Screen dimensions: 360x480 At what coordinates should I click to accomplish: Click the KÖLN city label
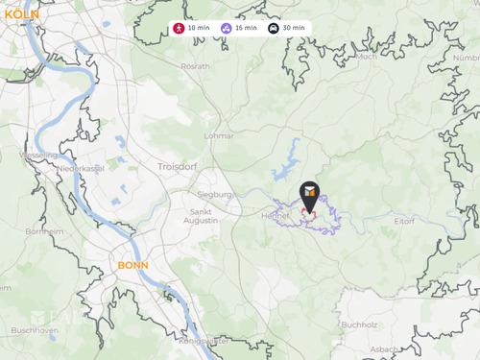(21, 14)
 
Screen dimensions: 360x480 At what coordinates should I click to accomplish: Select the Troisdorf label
(175, 166)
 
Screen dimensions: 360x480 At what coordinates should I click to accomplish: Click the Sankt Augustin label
(204, 216)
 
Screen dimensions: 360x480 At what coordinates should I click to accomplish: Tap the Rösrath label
(195, 66)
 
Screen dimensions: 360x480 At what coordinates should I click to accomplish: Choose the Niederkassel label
(80, 168)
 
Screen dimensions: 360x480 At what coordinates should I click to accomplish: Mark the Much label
(365, 57)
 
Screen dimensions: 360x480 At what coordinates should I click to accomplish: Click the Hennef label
(275, 215)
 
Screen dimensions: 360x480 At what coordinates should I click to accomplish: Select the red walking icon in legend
(180, 28)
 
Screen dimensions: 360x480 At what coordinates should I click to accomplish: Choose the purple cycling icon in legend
(226, 28)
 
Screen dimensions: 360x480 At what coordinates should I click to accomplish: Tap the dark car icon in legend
(274, 28)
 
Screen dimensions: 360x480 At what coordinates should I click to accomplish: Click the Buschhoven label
(35, 329)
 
